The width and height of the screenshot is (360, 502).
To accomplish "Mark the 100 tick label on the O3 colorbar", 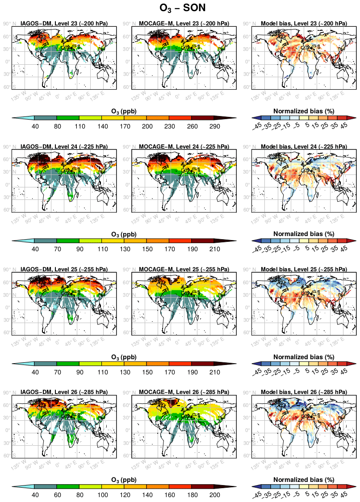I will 102,495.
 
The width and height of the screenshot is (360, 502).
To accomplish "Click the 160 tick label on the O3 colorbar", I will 169,495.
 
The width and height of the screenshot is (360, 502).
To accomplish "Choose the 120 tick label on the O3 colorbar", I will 124,495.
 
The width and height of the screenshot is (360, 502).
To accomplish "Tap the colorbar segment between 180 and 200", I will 202,486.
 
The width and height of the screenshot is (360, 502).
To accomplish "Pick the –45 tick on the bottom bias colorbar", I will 258,496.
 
